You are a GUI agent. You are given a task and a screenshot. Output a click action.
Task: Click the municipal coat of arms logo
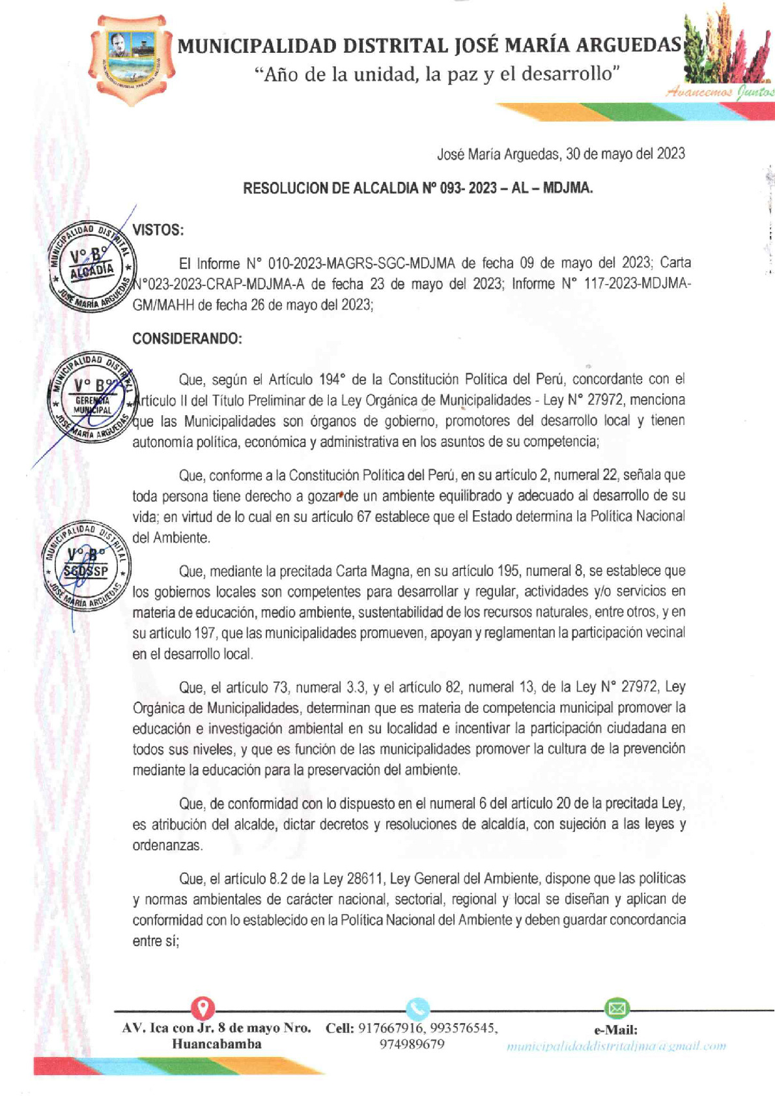click(x=132, y=60)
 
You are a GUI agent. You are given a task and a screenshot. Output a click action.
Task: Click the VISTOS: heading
click(x=158, y=230)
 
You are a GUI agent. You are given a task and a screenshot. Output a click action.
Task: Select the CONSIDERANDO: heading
click(x=187, y=339)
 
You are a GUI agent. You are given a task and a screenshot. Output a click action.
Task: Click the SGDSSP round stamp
click(x=87, y=566)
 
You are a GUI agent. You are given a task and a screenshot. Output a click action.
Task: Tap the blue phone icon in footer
click(x=417, y=1009)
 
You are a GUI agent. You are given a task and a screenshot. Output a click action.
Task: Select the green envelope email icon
click(x=615, y=1009)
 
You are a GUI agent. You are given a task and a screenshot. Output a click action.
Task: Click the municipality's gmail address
click(x=615, y=1046)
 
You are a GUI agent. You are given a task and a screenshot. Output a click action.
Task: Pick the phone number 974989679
click(x=412, y=1044)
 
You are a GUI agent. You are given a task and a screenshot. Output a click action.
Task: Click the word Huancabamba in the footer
click(x=216, y=1044)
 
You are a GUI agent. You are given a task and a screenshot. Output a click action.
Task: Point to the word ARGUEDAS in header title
click(x=628, y=46)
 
